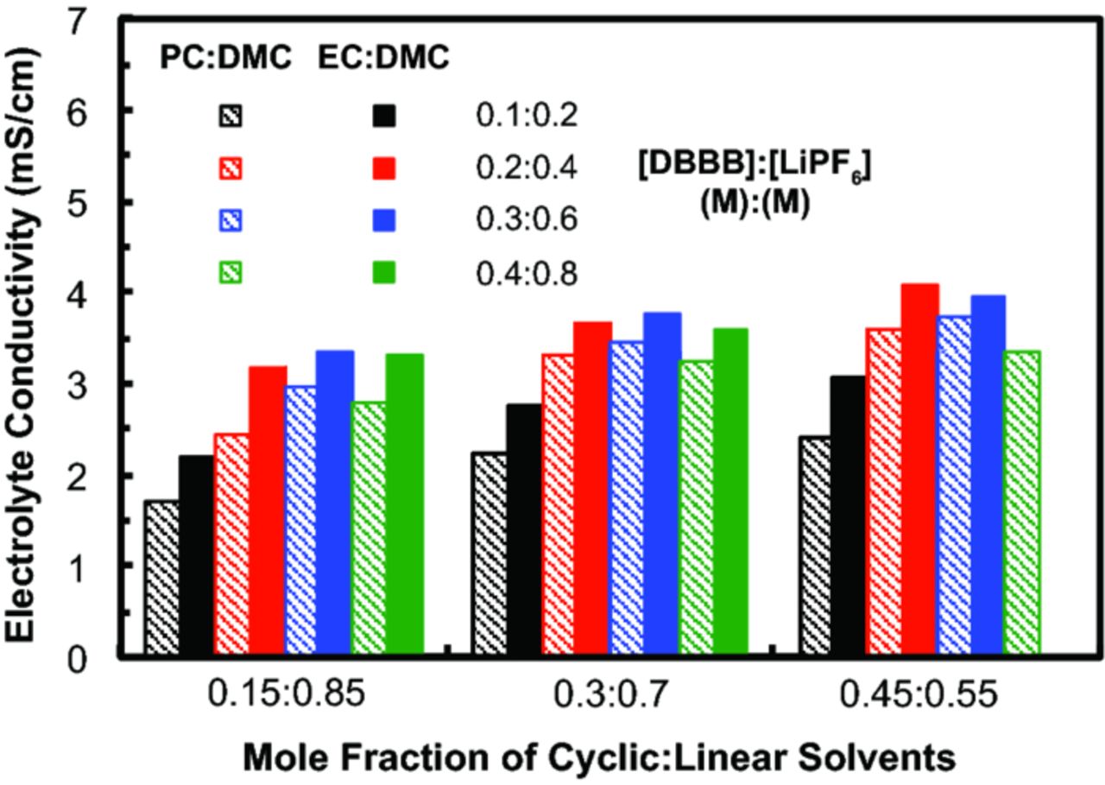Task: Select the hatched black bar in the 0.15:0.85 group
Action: point(161,579)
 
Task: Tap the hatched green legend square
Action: point(231,274)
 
